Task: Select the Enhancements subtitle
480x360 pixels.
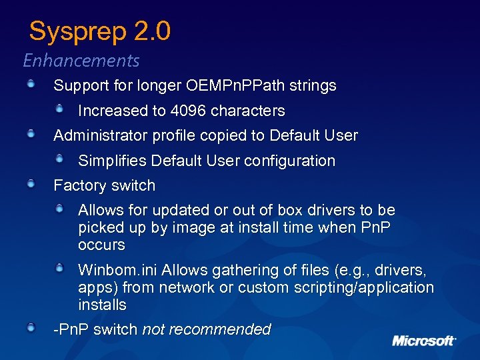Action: pyautogui.click(x=81, y=61)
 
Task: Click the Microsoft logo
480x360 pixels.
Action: pyautogui.click(x=424, y=341)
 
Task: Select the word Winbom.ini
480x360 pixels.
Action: pyautogui.click(x=117, y=270)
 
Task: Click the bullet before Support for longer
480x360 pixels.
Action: pyautogui.click(x=31, y=83)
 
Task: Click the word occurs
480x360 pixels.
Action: pyautogui.click(x=101, y=245)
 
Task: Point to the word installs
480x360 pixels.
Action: pyautogui.click(x=102, y=305)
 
